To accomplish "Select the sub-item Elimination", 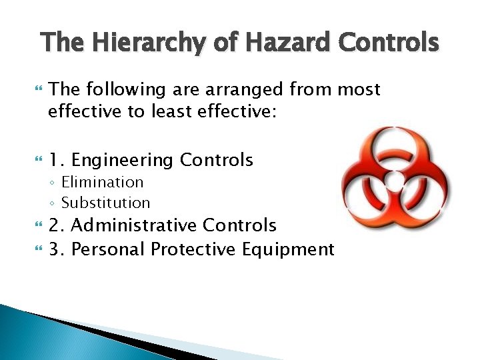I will coord(102,182).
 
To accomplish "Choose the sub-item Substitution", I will coord(105,202).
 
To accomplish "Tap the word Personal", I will coord(109,249).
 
